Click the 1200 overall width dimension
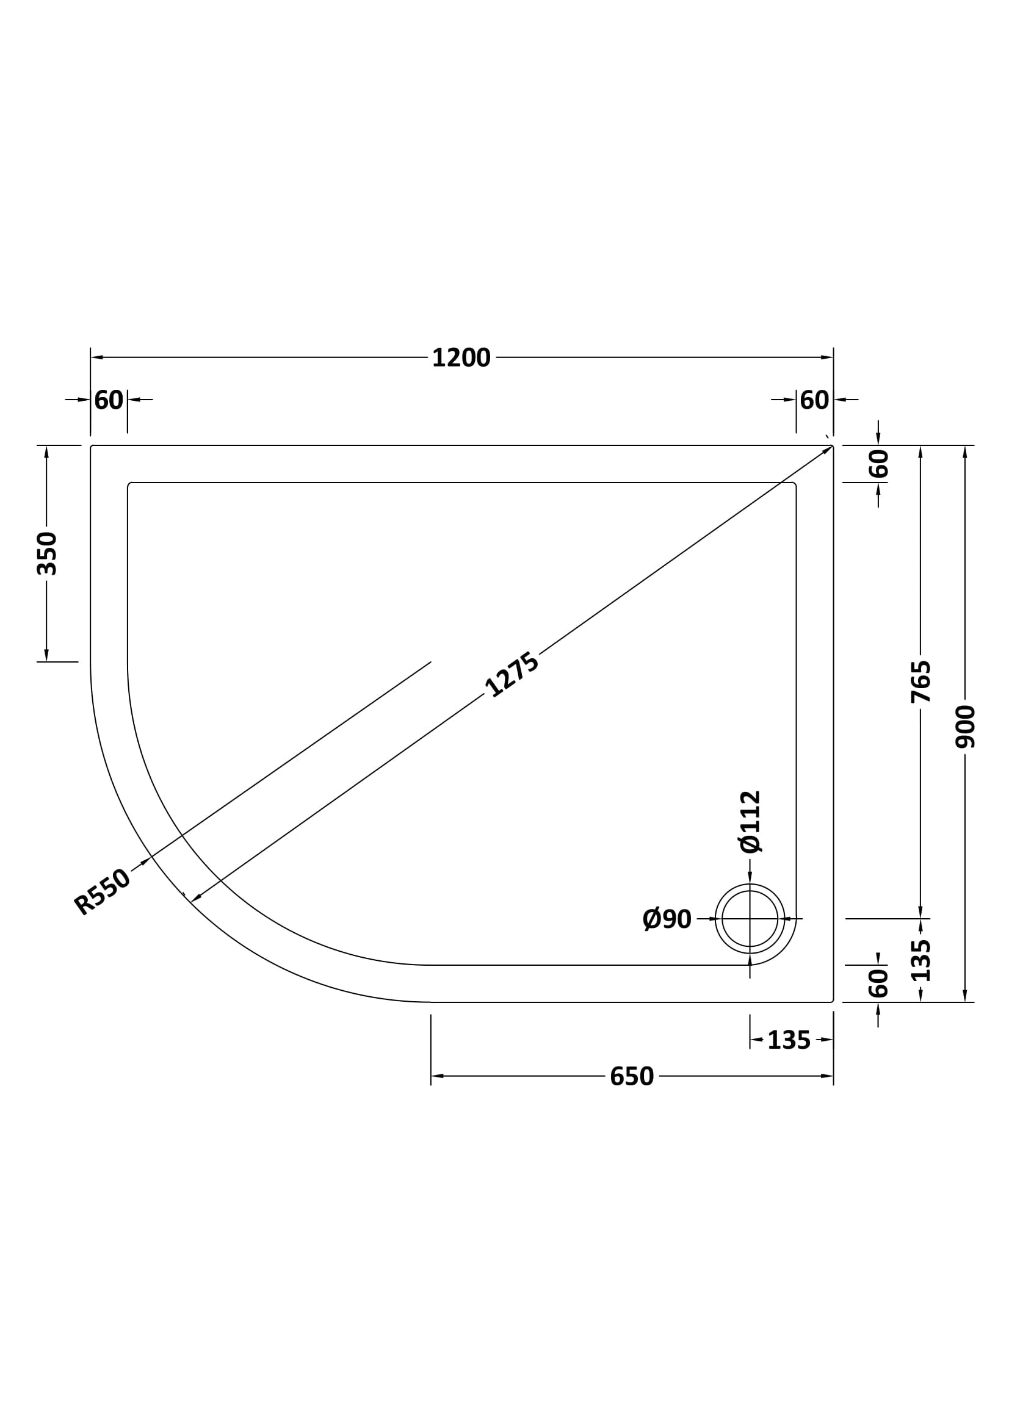click(x=461, y=358)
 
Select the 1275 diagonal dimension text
click(x=512, y=675)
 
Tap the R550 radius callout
click(x=102, y=892)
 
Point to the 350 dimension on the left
click(x=47, y=553)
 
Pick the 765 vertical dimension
click(x=921, y=682)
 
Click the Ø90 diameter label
click(x=667, y=919)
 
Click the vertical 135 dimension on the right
click(x=921, y=960)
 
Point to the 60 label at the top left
click(x=109, y=400)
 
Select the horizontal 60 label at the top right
click(x=814, y=400)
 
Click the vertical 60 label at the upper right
click(x=879, y=464)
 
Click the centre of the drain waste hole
click(x=750, y=919)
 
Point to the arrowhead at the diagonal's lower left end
click(x=195, y=899)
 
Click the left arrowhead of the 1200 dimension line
click(x=97, y=358)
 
